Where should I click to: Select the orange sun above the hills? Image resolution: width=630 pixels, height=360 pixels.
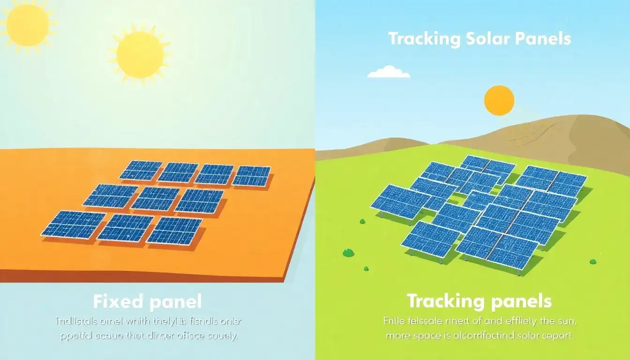pos(499,100)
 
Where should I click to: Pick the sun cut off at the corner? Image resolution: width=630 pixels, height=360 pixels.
pos(26,21)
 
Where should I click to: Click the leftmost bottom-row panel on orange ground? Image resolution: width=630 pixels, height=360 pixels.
pos(73,225)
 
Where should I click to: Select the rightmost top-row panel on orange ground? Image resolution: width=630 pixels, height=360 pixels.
pos(251,175)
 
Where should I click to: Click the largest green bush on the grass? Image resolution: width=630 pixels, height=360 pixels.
pos(348,253)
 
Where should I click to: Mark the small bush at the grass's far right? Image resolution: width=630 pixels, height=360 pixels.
pos(593,261)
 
